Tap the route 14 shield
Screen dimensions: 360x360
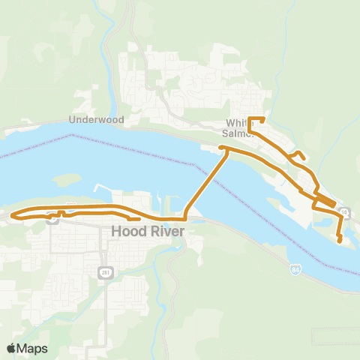coord(343,212)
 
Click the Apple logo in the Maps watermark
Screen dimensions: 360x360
coord(11,348)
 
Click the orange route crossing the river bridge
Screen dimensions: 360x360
coord(204,184)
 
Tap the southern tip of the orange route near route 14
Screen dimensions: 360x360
coord(340,241)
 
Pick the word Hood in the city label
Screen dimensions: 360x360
coord(124,232)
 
